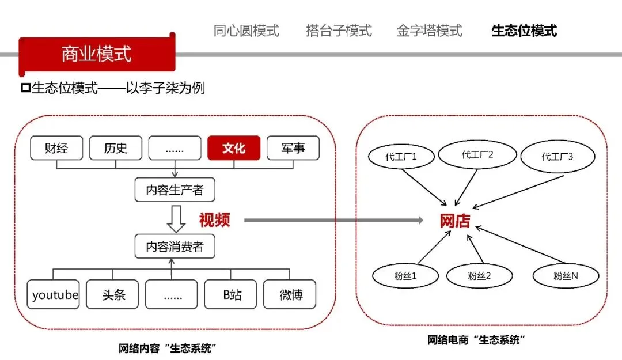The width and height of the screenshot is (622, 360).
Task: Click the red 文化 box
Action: coord(234,148)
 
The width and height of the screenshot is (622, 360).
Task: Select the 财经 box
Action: coord(56,148)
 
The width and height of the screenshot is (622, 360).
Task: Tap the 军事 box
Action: coord(293,148)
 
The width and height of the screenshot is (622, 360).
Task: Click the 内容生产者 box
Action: coord(175,190)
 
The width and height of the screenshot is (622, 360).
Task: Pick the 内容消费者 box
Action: coord(175,247)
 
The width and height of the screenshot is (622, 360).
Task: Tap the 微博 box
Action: coord(290,294)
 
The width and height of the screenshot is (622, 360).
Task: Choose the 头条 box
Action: coord(113,294)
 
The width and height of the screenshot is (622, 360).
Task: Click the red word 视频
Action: coord(214,220)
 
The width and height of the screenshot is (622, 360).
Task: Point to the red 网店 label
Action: coord(455,221)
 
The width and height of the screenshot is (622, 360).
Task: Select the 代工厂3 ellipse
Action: coord(557,156)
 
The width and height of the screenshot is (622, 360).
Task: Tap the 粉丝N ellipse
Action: coord(566,276)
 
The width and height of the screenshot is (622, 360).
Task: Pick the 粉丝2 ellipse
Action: coord(479,276)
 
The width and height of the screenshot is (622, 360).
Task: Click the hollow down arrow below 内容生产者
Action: coord(175,218)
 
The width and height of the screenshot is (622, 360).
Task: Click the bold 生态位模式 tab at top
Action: coord(524,31)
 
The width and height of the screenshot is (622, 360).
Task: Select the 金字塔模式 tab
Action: coord(429,31)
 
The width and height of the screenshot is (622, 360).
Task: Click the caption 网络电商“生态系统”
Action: coord(477,340)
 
